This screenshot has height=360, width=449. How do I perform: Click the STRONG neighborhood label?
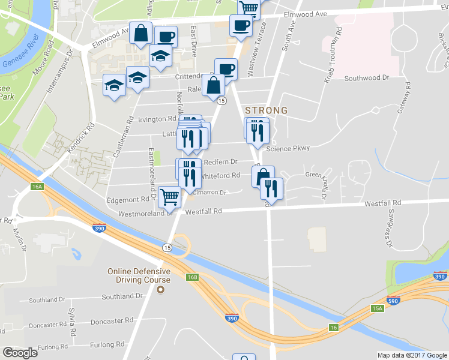266,110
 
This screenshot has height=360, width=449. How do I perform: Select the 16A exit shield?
37,187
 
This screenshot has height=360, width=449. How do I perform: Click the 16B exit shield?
192,277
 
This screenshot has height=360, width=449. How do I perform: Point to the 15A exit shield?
377,308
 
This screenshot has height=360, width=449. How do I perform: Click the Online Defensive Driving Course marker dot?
160,290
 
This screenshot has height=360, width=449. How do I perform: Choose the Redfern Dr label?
221,162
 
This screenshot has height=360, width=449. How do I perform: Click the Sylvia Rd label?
71,322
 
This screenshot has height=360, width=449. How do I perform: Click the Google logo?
20,352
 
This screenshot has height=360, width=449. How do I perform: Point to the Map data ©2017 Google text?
412,355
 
